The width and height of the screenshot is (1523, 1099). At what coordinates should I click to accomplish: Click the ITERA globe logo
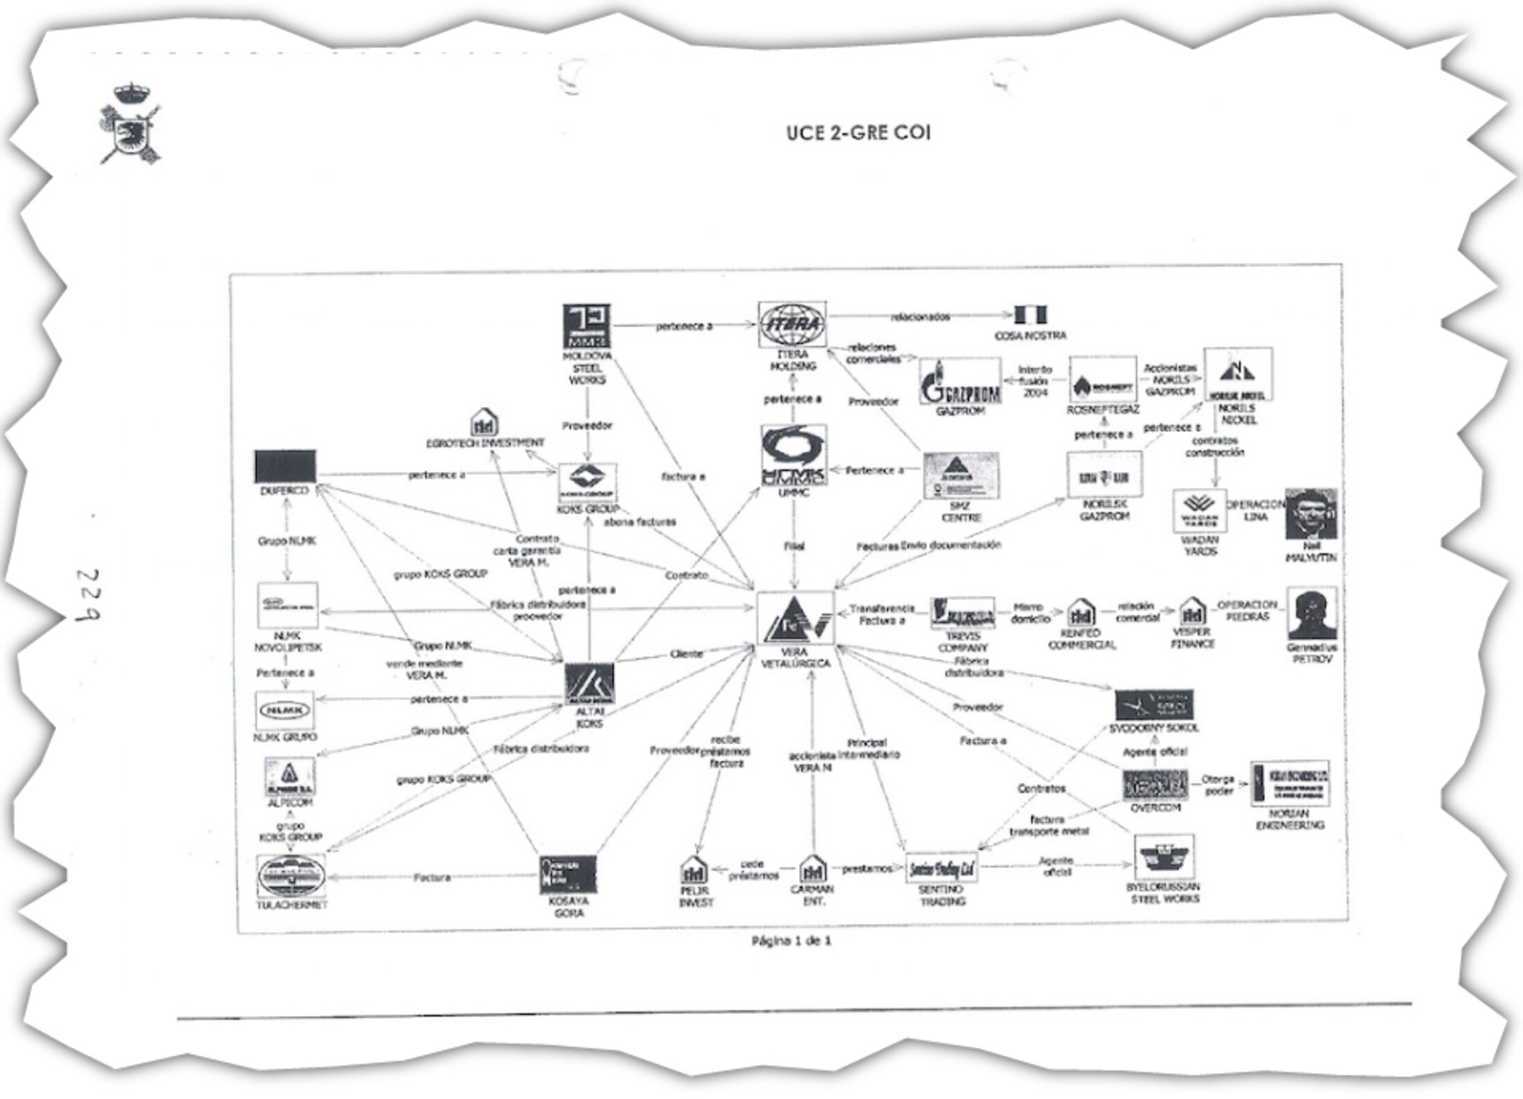point(793,324)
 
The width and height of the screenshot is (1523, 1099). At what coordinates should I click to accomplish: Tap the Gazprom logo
point(960,383)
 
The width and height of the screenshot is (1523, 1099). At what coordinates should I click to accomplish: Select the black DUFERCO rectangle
point(286,466)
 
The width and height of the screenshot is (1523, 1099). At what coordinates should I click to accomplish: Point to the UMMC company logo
point(793,454)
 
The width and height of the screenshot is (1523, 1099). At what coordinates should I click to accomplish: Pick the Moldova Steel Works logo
point(586,326)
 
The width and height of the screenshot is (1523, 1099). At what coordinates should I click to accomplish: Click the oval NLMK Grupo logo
point(287,711)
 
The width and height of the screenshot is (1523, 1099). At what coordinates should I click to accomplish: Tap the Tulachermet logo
point(291,876)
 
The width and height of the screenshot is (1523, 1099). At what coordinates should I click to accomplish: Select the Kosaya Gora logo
point(568,875)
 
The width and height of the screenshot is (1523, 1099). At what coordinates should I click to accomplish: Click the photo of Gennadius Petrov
point(1312,614)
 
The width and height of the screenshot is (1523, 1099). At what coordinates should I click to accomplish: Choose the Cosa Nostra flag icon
point(1031,315)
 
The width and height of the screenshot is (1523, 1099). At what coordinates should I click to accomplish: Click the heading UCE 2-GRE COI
point(858,133)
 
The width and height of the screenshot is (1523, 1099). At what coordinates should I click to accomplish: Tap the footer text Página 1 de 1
point(791,941)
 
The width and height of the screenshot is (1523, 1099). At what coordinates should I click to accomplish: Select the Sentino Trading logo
point(941,869)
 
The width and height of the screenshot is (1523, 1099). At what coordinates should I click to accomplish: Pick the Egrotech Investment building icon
point(485,421)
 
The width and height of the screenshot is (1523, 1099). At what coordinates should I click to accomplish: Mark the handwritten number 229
point(89,595)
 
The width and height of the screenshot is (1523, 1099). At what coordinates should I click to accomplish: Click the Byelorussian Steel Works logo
point(1164,857)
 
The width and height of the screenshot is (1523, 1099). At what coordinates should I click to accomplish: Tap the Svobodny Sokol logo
point(1154,705)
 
